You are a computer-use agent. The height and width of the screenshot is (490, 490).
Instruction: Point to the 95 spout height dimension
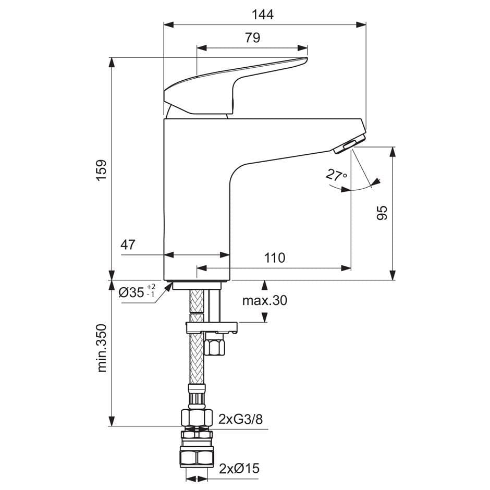(x=382, y=213)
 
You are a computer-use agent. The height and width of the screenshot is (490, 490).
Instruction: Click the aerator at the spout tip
(x=348, y=144)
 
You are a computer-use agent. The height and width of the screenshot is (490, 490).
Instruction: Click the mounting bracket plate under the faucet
(x=212, y=328)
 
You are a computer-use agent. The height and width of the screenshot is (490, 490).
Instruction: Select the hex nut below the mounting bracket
(x=214, y=346)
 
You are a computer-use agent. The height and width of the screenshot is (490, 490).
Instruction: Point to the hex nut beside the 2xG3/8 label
(x=197, y=418)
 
